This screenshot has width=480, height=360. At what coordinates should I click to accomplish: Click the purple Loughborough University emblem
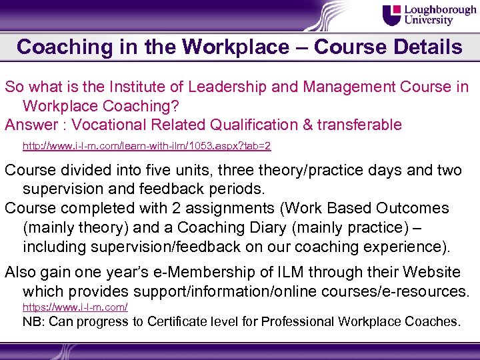coord(393,15)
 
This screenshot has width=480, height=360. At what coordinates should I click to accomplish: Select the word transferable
coord(358,125)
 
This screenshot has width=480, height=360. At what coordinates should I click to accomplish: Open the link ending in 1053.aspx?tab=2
coord(147,145)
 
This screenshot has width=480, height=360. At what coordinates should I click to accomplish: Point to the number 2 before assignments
coord(190,208)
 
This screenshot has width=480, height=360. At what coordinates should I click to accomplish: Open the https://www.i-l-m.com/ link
coord(75,307)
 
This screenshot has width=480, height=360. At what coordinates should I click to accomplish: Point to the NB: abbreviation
coord(35,321)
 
